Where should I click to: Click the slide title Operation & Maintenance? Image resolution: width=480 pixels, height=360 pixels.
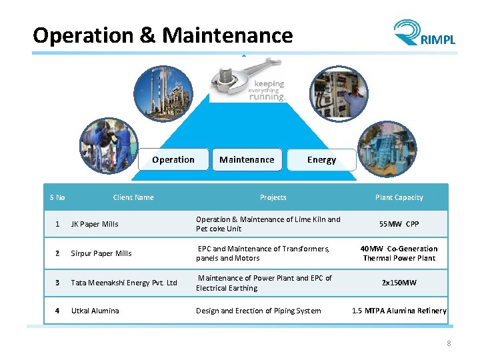click(x=163, y=35)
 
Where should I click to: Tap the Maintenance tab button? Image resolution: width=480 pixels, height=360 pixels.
click(x=247, y=160)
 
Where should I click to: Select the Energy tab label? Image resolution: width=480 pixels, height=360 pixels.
click(x=321, y=160)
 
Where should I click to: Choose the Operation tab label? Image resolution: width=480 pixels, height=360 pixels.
click(x=173, y=160)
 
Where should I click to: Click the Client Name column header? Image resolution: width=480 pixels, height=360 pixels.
click(x=133, y=197)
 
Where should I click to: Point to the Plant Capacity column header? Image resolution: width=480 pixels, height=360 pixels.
click(x=399, y=197)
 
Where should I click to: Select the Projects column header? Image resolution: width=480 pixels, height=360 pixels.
click(x=273, y=197)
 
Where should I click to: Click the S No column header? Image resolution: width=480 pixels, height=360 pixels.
click(x=57, y=197)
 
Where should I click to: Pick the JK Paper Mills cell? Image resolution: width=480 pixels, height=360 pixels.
click(x=95, y=224)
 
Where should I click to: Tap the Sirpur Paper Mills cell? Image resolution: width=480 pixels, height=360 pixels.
click(x=101, y=253)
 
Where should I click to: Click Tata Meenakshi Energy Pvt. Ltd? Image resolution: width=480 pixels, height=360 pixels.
click(x=124, y=283)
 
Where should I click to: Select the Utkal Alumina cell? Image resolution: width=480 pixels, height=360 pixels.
click(x=95, y=311)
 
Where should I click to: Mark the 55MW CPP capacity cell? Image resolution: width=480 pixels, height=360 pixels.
click(x=399, y=224)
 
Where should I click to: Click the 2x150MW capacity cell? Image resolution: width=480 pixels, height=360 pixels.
click(x=399, y=283)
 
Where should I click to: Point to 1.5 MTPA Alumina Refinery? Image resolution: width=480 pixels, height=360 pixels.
click(x=399, y=311)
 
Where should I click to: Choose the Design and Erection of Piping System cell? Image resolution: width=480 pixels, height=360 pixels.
click(x=258, y=311)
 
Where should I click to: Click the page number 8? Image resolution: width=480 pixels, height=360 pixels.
click(x=449, y=343)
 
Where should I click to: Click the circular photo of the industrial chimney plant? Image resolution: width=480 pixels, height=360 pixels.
click(x=163, y=94)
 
